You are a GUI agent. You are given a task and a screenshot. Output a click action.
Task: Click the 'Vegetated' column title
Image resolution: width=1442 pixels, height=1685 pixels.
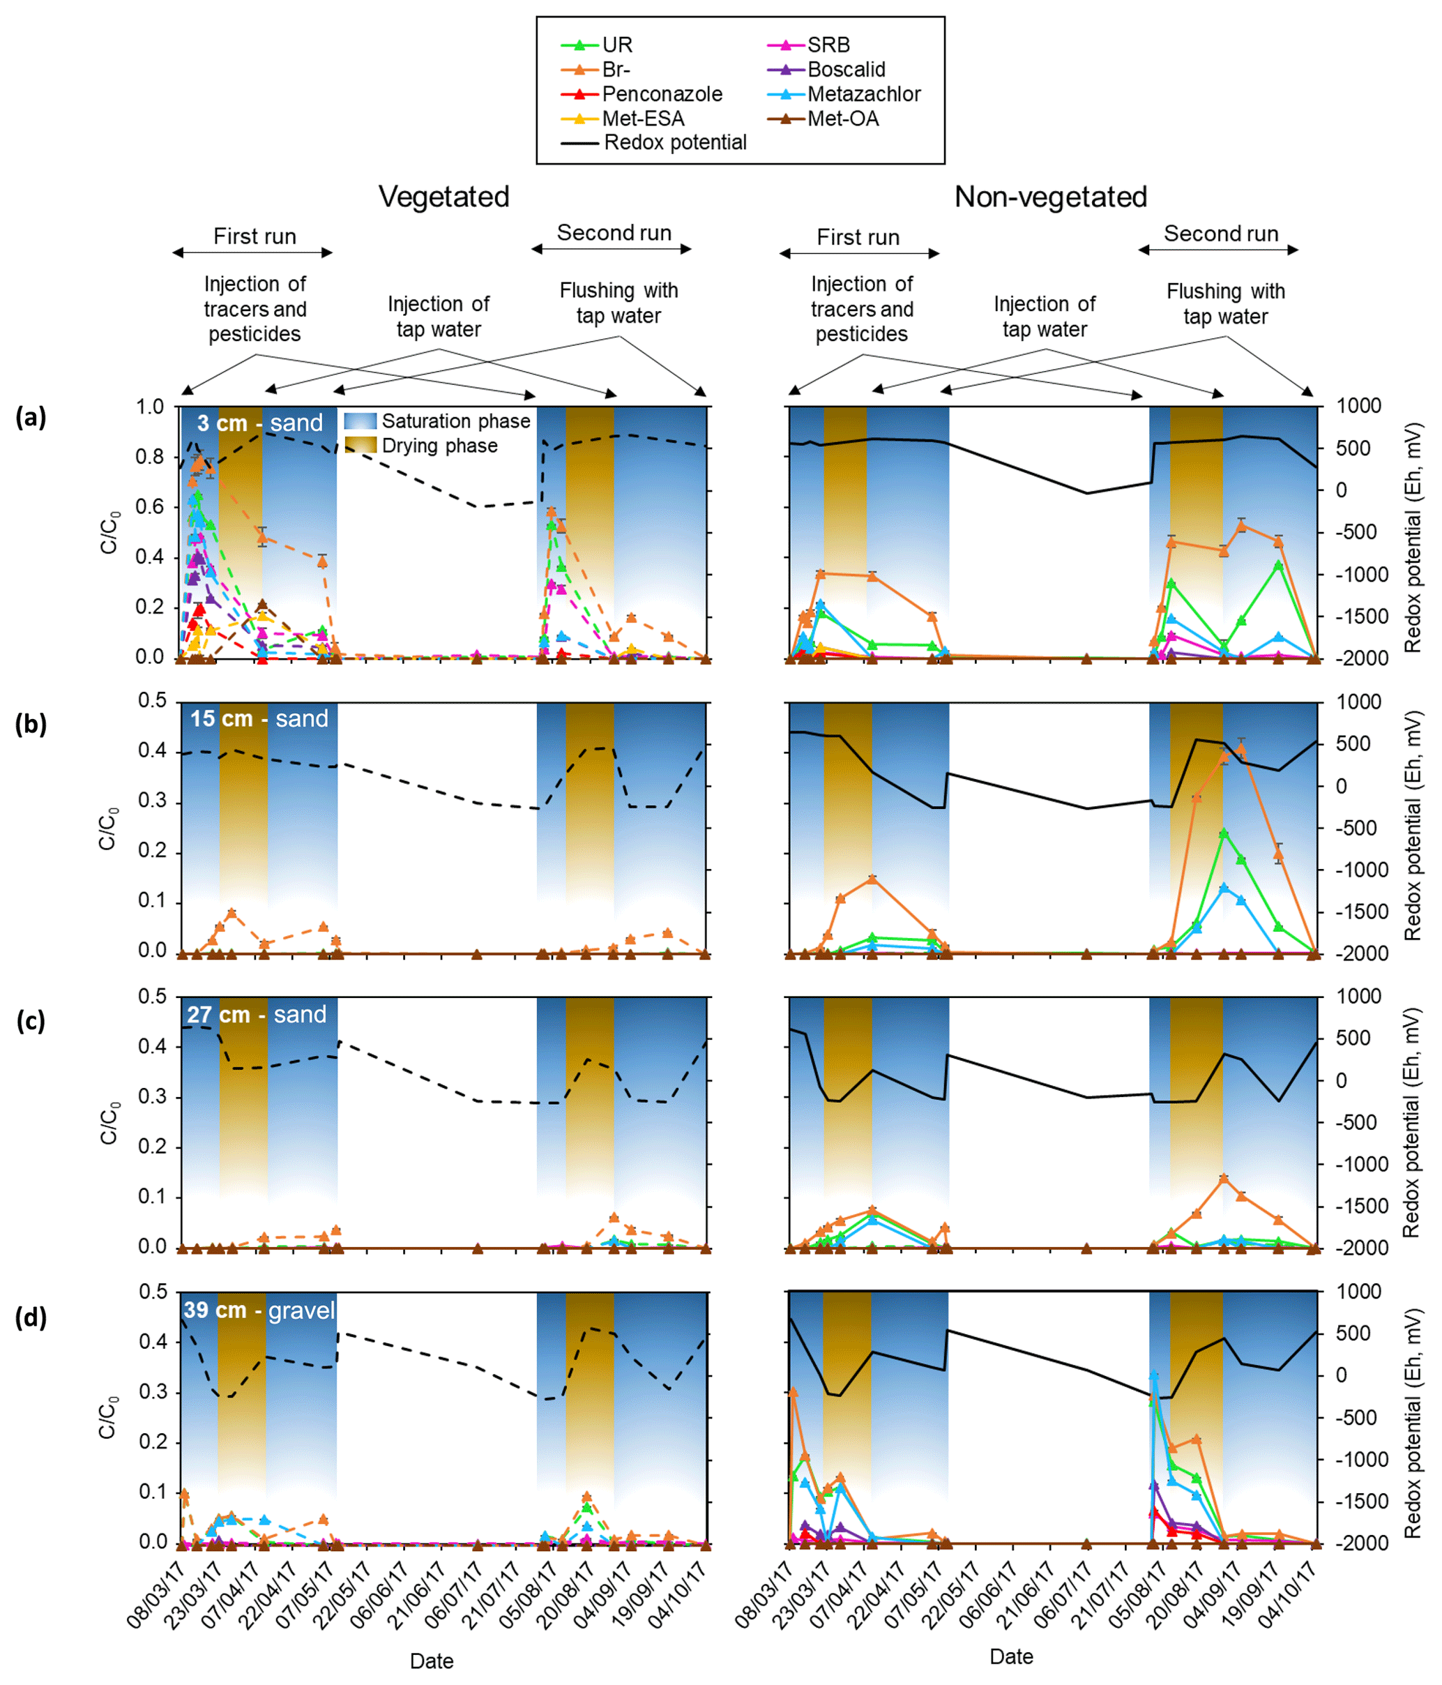coord(443,197)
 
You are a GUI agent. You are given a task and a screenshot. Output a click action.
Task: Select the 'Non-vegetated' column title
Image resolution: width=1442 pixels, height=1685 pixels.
coord(1050,197)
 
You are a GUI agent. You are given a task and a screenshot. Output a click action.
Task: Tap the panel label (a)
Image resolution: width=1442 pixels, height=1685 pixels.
coord(31,417)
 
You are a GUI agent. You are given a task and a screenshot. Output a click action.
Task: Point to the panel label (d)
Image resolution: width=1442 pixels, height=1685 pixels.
coord(31,1317)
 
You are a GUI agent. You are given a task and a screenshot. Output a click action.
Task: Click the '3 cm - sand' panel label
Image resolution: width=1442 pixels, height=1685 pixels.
coord(259,423)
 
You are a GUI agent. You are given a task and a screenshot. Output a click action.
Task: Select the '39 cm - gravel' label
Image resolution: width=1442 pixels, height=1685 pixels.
coord(259,1310)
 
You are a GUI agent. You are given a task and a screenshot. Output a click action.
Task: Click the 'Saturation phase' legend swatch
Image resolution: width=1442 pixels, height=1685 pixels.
coord(360,421)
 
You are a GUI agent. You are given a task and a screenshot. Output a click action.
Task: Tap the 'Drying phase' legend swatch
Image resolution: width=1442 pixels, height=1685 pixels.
coord(360,445)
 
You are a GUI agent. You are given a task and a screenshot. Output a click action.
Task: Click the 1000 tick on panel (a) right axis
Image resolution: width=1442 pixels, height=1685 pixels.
coord(1358,406)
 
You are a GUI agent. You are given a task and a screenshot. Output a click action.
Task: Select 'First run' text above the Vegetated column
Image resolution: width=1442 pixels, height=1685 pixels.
coord(255,236)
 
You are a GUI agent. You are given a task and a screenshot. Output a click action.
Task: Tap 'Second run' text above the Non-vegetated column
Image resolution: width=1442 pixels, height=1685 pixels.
coord(1220,234)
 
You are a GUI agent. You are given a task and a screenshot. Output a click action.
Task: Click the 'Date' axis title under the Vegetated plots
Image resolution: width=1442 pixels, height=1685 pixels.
coord(432,1661)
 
